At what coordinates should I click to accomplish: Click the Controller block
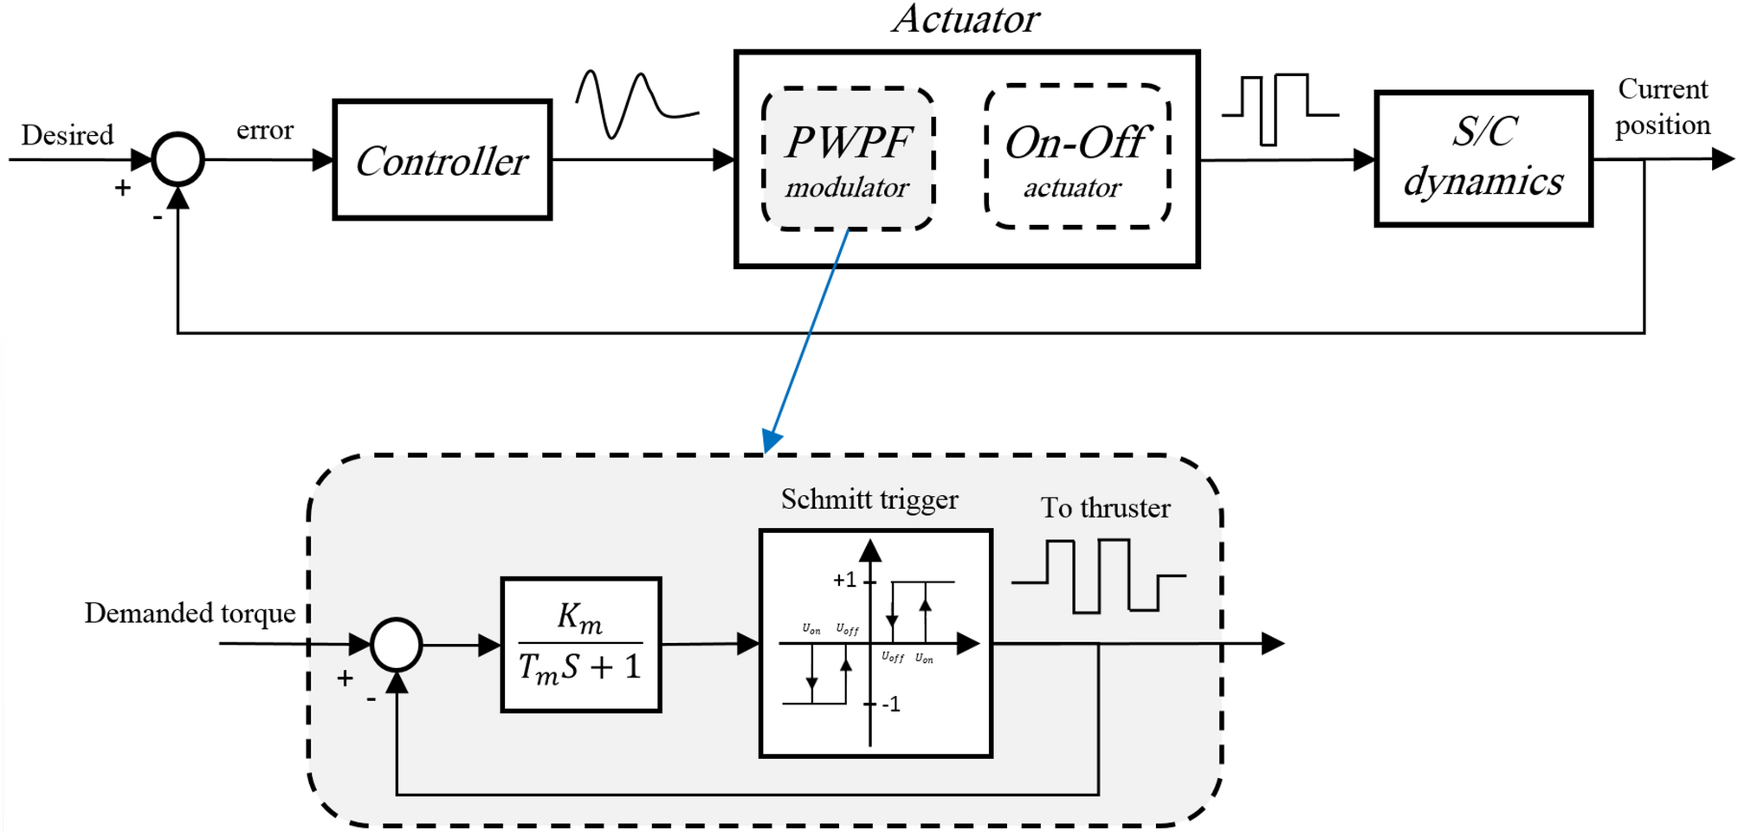tap(442, 160)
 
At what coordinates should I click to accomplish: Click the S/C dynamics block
tap(1483, 158)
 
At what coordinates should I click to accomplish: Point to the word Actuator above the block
tap(966, 19)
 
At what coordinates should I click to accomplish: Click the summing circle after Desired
tap(178, 160)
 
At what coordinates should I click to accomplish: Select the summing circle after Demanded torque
tap(396, 645)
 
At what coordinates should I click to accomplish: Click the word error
tap(264, 131)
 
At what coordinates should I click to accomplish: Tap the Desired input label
tap(68, 135)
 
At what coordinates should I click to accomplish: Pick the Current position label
tap(1662, 107)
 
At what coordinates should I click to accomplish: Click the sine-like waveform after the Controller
tap(636, 104)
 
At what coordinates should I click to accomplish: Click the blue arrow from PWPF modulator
tap(807, 338)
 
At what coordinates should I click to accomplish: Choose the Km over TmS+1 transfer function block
tap(580, 645)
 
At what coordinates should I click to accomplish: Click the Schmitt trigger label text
tap(869, 500)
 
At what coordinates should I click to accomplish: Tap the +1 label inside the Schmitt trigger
tap(844, 580)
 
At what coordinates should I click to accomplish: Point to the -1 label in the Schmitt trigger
tap(891, 704)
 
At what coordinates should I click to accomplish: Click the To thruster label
tap(1105, 508)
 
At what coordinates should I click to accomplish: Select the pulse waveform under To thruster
tap(1098, 576)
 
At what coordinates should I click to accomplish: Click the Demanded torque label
tap(190, 614)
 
